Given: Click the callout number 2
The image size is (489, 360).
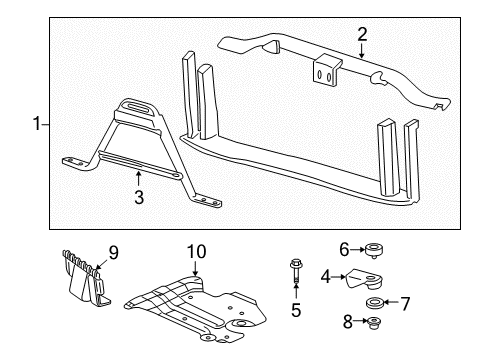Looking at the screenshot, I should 362,35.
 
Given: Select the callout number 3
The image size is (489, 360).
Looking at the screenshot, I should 138,197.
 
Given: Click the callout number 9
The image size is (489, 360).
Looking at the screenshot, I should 113,253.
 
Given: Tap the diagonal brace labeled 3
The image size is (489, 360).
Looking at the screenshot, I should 130,150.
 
